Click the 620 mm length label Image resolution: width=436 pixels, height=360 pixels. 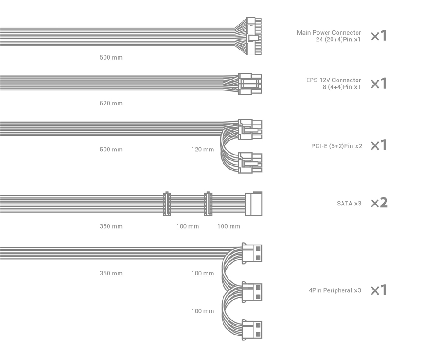point(111,103)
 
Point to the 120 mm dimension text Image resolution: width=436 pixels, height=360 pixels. point(203,150)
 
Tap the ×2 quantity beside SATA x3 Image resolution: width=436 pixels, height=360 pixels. point(379,203)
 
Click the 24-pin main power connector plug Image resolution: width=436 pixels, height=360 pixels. point(254,36)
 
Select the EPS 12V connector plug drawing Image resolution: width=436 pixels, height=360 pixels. point(250,84)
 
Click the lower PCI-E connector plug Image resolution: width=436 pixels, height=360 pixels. point(250,163)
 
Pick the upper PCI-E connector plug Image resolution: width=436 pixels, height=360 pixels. point(250,130)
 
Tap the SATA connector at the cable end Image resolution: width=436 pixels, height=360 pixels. point(253,204)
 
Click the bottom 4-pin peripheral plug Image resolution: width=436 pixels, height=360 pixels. point(252,330)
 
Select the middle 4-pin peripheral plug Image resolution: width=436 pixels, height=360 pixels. point(252,292)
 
